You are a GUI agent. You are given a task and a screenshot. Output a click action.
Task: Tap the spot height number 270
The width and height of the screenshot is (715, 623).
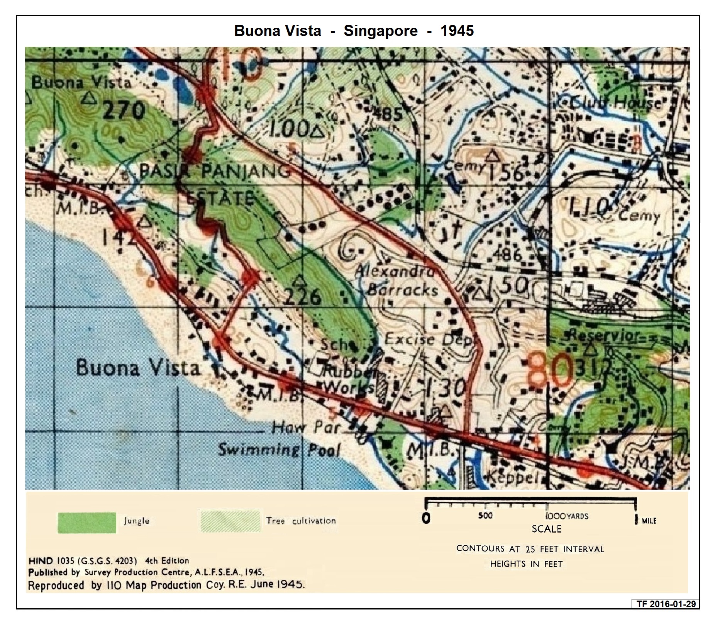click(x=124, y=111)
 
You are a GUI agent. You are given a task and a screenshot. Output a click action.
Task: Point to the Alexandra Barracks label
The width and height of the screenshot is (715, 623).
click(x=398, y=280)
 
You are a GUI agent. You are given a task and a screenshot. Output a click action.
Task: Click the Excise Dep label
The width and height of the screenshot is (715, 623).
click(x=429, y=340)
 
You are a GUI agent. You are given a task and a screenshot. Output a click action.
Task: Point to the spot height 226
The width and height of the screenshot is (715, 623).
click(x=303, y=297)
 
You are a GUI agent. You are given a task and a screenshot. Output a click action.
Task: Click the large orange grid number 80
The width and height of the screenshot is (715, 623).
click(x=550, y=369)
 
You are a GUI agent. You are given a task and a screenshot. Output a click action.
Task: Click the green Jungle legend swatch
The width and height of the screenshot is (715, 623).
click(x=87, y=523)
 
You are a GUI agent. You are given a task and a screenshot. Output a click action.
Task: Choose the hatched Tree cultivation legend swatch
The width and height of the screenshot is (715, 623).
click(x=230, y=521)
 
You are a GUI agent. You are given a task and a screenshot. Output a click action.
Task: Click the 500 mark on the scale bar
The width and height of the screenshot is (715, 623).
click(x=485, y=516)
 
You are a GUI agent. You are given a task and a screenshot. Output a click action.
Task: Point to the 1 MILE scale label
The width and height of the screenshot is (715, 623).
click(x=646, y=521)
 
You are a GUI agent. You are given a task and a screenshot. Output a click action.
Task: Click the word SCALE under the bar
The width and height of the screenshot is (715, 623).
click(x=546, y=529)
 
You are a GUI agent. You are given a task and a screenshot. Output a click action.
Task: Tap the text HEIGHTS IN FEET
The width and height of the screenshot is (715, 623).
click(x=526, y=564)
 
